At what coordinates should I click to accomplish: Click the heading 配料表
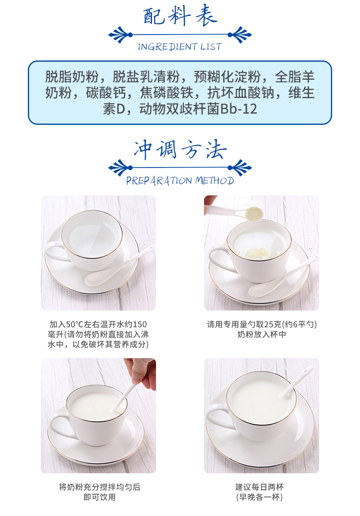180,15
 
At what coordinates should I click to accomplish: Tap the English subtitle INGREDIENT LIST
180,47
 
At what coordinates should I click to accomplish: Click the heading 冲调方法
180,150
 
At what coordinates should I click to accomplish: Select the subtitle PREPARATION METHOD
180,180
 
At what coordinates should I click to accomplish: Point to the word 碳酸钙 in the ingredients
106,93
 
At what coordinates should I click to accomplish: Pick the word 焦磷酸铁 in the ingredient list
167,93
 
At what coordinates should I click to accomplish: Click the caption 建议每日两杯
259,487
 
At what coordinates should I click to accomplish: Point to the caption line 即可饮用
99,497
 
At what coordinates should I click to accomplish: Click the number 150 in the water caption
140,324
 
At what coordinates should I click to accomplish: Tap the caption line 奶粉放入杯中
262,335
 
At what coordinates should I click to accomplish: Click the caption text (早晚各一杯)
259,497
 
